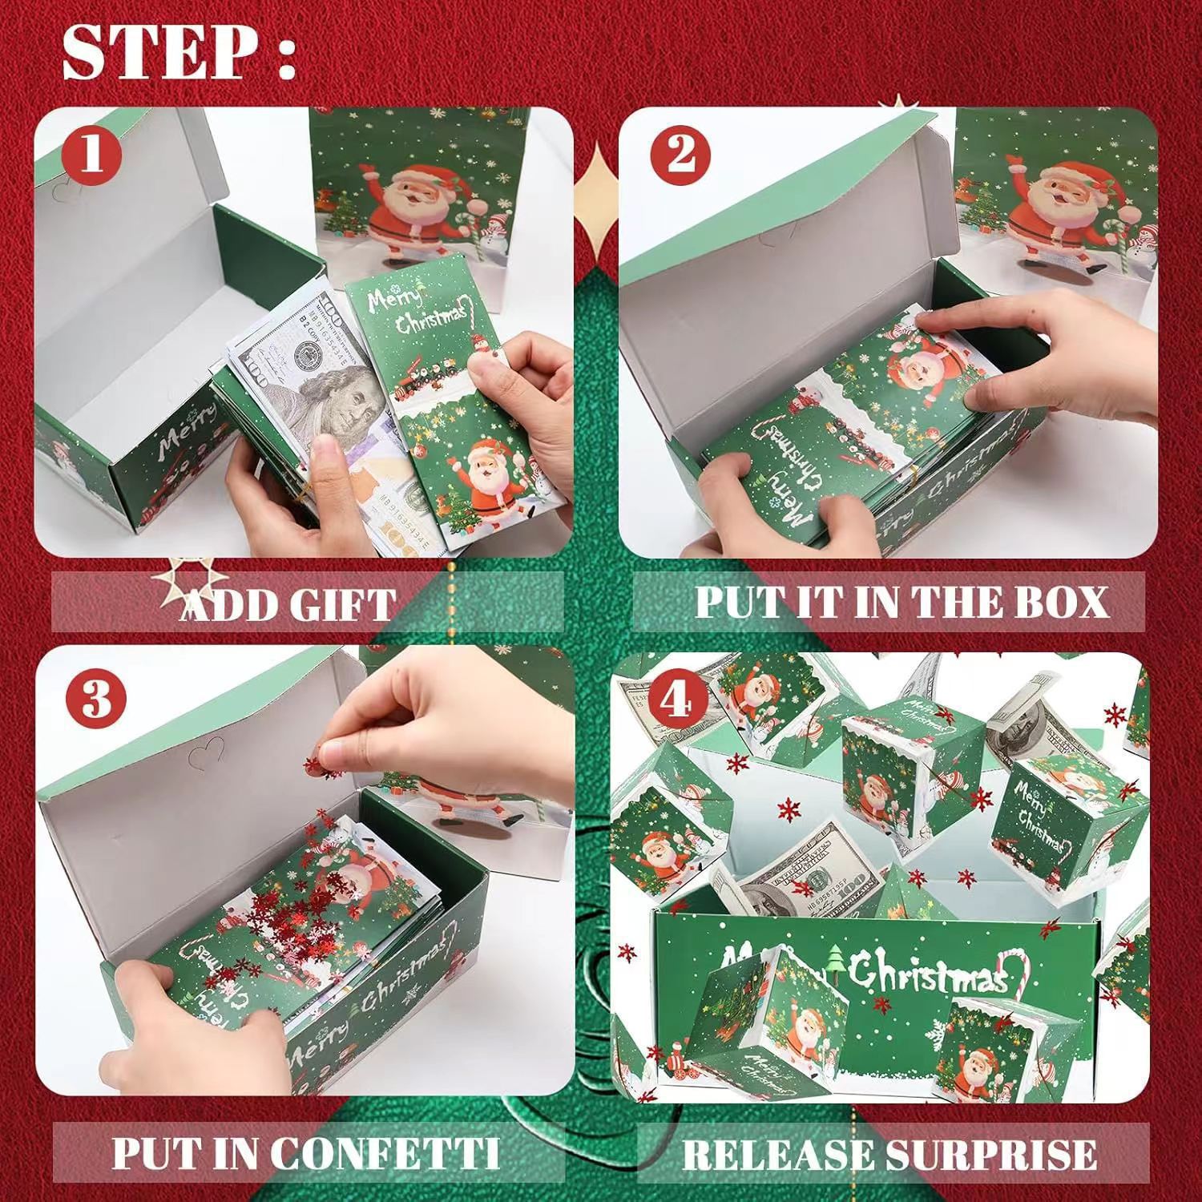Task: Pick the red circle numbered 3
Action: point(95,699)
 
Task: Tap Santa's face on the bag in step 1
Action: point(403,193)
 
